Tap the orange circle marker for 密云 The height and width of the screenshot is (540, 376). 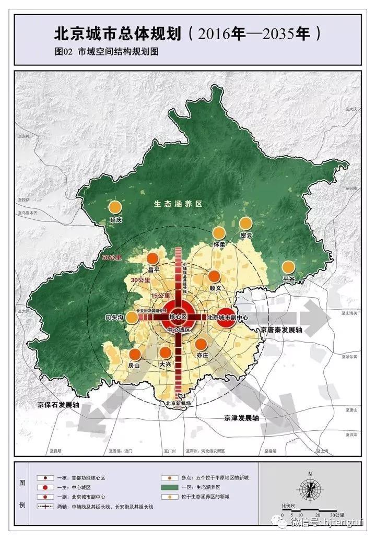pos(245,224)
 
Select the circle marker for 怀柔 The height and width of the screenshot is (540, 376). pos(219,233)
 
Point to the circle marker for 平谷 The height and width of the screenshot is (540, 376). pos(288,267)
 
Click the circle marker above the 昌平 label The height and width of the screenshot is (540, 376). pos(152,259)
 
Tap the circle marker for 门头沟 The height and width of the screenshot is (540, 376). pos(133,317)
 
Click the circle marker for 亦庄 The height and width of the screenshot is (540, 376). pos(201,344)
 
